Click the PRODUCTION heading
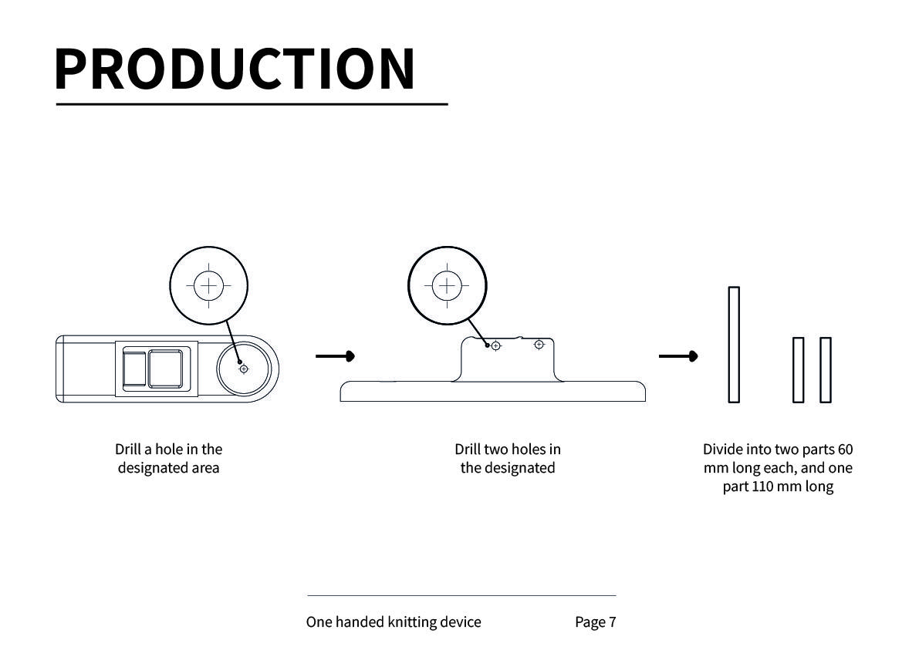pyautogui.click(x=235, y=69)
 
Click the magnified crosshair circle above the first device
pyautogui.click(x=208, y=286)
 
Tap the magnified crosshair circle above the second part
pyautogui.click(x=447, y=286)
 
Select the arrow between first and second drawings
pyautogui.click(x=335, y=356)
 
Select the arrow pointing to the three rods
pyautogui.click(x=678, y=356)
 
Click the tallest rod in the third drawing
pyautogui.click(x=734, y=345)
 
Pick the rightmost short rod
pyautogui.click(x=825, y=370)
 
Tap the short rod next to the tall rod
pyautogui.click(x=799, y=370)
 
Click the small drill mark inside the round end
pyautogui.click(x=244, y=369)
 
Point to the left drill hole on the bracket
pyautogui.click(x=495, y=346)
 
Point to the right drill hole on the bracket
pyautogui.click(x=539, y=344)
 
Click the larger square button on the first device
pyautogui.click(x=166, y=369)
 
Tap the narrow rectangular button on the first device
pyautogui.click(x=134, y=369)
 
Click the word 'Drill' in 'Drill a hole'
pyautogui.click(x=128, y=450)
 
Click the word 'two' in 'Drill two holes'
pyautogui.click(x=497, y=450)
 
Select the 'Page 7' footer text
pyautogui.click(x=595, y=622)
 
